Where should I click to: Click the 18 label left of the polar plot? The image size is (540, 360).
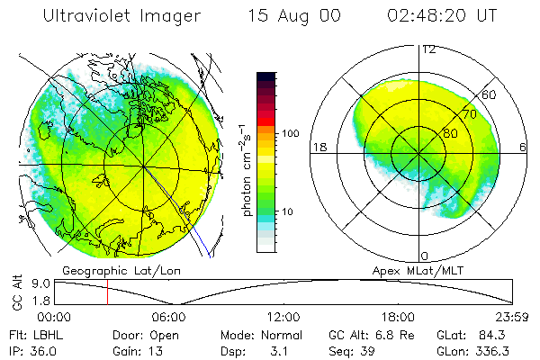click(x=318, y=146)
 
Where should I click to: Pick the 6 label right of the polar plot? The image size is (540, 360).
click(x=524, y=146)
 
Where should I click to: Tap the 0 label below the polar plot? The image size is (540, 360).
click(x=424, y=256)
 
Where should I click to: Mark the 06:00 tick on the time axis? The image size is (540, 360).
click(x=168, y=316)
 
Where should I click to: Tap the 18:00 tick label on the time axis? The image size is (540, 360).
click(x=398, y=316)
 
